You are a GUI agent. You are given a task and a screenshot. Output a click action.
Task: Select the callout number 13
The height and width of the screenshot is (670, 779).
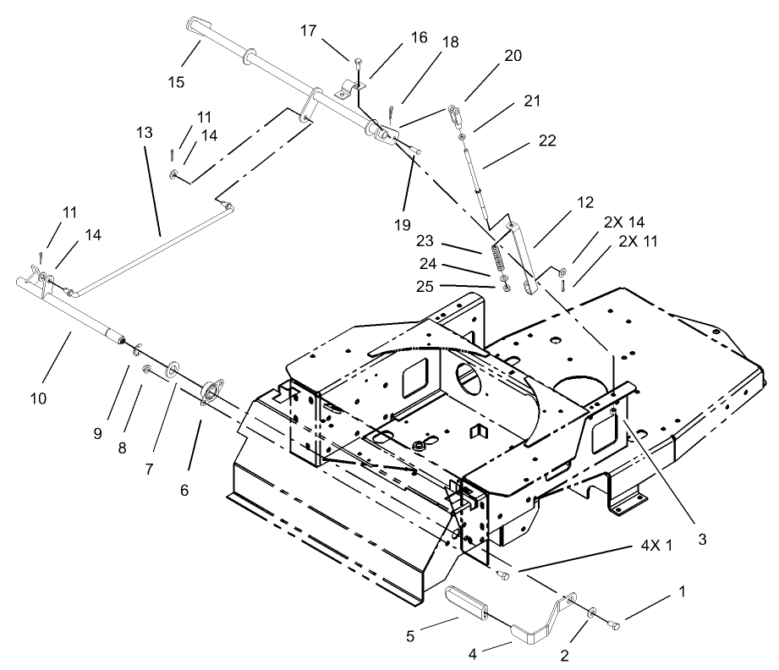coord(143,133)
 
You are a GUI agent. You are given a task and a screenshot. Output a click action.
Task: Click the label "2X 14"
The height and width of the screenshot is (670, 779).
coord(623,221)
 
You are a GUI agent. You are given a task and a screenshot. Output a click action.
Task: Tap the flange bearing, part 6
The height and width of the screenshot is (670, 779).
coord(207,395)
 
